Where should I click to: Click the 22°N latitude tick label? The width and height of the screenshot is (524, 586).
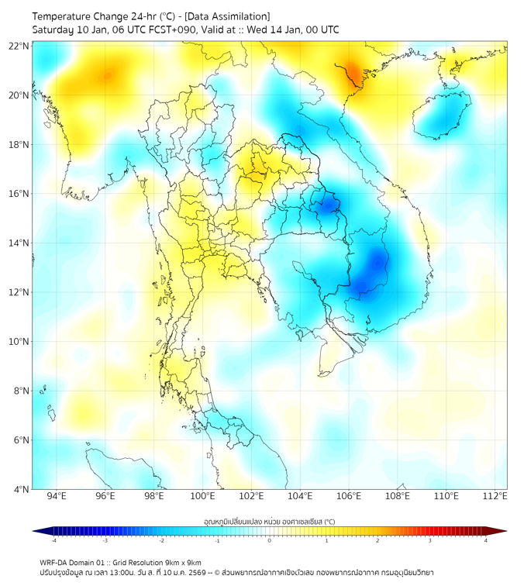[20, 46]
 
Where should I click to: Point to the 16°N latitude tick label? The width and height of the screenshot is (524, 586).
[20, 194]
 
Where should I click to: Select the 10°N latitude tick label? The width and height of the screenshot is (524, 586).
[20, 341]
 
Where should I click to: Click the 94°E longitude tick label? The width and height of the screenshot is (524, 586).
[57, 496]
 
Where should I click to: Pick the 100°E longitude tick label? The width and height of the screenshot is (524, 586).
[202, 496]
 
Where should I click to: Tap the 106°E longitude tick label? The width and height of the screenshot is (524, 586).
[349, 496]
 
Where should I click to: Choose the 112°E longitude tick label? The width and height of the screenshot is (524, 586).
[495, 496]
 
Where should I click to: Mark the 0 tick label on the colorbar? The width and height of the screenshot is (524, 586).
[270, 540]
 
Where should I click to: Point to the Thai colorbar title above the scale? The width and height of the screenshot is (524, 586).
[269, 521]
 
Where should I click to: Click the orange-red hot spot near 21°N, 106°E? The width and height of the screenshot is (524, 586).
[353, 73]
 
